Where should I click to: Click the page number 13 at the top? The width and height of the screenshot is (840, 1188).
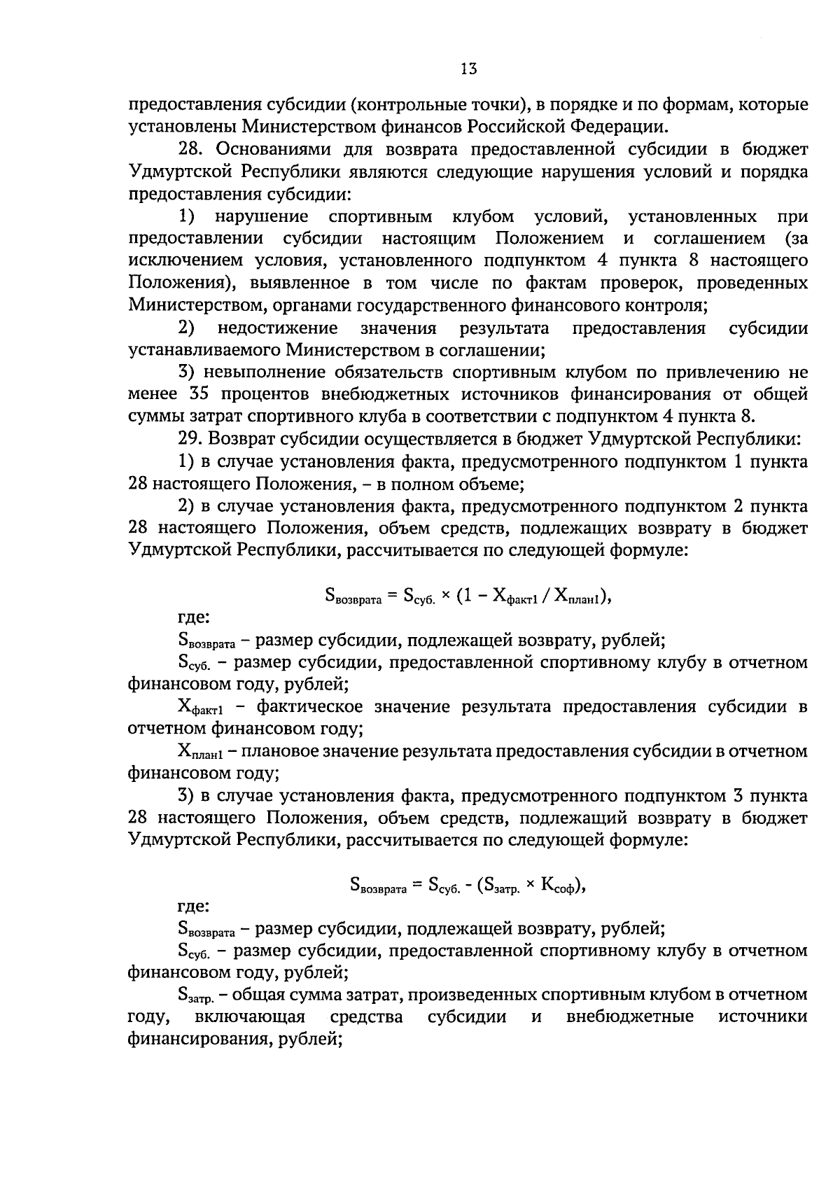469,69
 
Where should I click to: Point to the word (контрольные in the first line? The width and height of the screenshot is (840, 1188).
411,105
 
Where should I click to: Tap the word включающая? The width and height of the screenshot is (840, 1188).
250,1016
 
